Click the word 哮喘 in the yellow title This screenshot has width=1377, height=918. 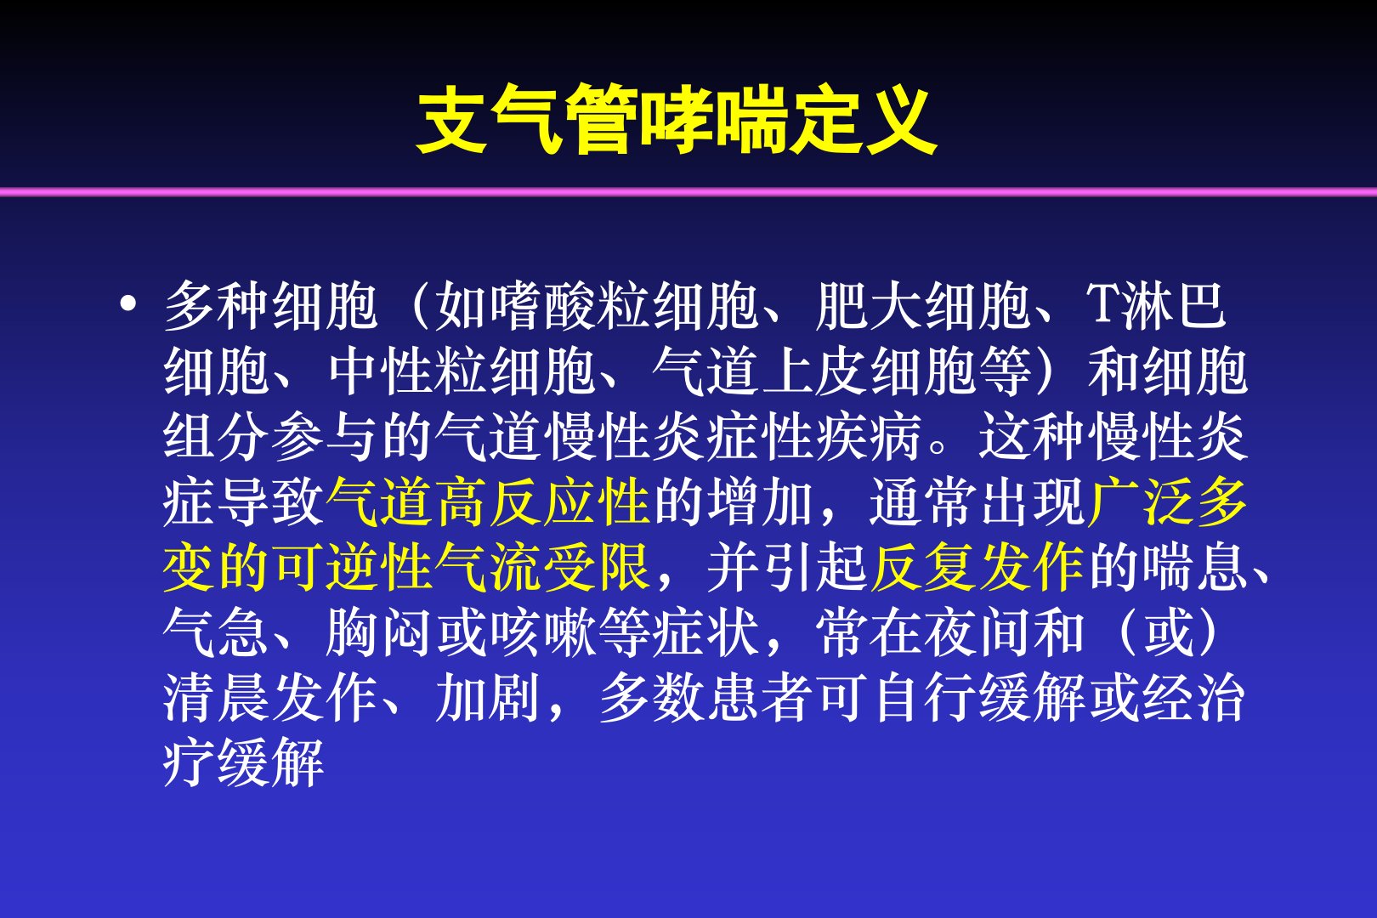(x=714, y=120)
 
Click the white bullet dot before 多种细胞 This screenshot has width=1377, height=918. (x=127, y=304)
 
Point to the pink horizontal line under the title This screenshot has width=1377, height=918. (x=688, y=192)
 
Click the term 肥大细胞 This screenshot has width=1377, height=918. (x=923, y=306)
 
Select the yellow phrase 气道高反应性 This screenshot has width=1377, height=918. (x=489, y=503)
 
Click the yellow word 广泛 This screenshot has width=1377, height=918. (x=1141, y=503)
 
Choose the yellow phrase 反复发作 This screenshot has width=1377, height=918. (x=977, y=568)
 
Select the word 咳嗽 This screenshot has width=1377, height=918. (x=543, y=633)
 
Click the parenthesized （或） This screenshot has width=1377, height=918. (x=1167, y=633)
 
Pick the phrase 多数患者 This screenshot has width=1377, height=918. (x=706, y=699)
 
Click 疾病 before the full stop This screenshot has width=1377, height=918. (x=869, y=437)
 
